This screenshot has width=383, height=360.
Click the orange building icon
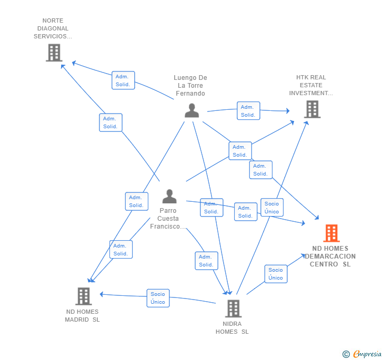tap(331, 233)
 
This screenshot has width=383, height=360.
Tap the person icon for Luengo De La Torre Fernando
tap(191, 110)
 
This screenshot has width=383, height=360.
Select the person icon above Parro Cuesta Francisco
tap(169, 196)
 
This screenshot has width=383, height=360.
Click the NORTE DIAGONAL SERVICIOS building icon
tap(54, 53)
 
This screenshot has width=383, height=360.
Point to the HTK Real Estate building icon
tap(312, 110)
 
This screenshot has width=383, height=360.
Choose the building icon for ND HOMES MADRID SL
tap(84, 296)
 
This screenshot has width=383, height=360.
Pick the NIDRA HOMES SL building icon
tap(233, 308)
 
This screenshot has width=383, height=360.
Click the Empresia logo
tap(362, 354)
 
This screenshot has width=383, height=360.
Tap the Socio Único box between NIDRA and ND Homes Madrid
tap(158, 298)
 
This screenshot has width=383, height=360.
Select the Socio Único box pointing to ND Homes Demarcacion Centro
tap(276, 274)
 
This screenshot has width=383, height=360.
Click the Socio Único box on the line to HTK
tap(272, 208)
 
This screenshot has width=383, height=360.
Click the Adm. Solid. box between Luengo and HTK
tap(248, 111)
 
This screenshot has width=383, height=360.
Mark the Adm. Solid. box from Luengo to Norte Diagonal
tap(123, 80)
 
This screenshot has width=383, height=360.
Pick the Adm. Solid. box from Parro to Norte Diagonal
tap(110, 122)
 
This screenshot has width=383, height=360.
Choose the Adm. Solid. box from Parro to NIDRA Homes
tap(206, 261)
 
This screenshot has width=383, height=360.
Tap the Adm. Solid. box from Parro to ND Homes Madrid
tap(121, 250)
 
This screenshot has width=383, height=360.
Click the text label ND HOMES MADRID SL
tap(82, 315)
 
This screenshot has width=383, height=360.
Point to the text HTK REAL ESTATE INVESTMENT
tap(311, 85)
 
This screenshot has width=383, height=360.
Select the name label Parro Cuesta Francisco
tap(168, 219)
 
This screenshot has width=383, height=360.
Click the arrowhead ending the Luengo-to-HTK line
tap(288, 111)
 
